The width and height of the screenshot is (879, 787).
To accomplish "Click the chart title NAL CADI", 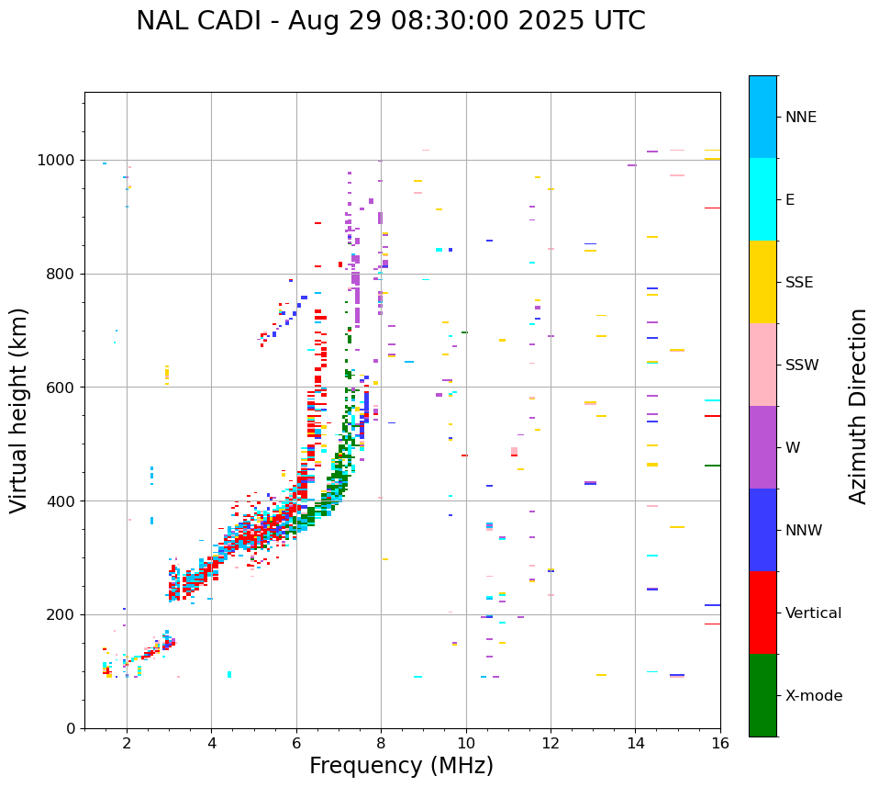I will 390,21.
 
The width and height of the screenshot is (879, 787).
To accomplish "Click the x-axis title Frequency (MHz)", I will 401,766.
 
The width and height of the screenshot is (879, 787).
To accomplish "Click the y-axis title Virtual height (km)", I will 20,410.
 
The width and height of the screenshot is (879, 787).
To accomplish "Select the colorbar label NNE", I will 800,118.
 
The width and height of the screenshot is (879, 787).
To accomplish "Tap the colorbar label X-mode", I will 813,696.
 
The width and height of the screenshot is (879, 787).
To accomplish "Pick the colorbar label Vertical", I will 813,613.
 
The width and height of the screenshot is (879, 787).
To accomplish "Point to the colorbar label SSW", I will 802,365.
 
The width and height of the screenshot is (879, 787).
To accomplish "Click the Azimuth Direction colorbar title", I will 858,406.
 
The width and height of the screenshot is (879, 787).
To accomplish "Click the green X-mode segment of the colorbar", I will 762,695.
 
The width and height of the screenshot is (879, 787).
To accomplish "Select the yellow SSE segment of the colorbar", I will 762,282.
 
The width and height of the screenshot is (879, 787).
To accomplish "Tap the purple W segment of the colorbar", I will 762,447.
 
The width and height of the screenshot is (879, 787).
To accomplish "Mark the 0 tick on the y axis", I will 72,728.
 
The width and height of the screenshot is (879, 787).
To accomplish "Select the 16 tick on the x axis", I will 720,742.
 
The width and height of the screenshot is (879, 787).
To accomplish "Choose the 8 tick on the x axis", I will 381,742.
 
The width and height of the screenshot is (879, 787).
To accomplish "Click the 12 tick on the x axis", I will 551,742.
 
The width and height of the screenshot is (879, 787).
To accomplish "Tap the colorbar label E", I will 790,200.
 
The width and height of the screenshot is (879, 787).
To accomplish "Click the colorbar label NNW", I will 804,531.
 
